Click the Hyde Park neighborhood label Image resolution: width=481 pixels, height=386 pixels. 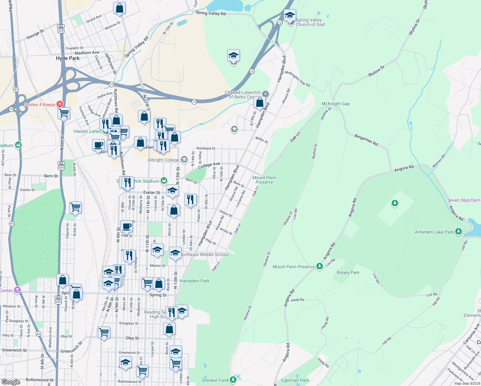[x=68, y=58]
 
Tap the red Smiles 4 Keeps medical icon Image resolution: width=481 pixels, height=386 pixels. [x=59, y=104]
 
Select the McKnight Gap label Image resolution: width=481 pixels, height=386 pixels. [x=335, y=104]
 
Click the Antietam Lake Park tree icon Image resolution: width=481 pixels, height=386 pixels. [x=458, y=232]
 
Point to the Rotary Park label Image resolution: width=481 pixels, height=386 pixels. [x=348, y=272]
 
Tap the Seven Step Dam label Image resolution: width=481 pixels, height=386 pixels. [x=463, y=200]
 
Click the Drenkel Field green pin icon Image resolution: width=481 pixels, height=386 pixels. [x=233, y=380]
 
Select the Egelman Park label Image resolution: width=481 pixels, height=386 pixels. [x=295, y=380]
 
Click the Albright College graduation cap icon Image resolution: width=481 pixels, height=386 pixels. [x=184, y=160]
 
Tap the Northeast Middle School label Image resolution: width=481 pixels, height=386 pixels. [x=205, y=254]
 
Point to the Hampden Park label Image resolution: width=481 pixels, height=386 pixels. [x=194, y=281]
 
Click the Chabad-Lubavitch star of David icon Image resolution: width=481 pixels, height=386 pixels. [x=265, y=94]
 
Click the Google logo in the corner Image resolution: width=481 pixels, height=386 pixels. [x=11, y=382]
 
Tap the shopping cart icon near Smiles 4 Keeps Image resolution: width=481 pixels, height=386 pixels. [x=64, y=113]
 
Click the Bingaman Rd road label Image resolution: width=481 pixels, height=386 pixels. [x=366, y=140]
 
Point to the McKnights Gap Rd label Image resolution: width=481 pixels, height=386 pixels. [x=297, y=79]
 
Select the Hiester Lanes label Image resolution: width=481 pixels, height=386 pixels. [x=87, y=131]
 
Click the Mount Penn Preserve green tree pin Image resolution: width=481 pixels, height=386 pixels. [x=319, y=266]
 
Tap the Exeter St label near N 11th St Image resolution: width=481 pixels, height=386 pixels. [x=151, y=192]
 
